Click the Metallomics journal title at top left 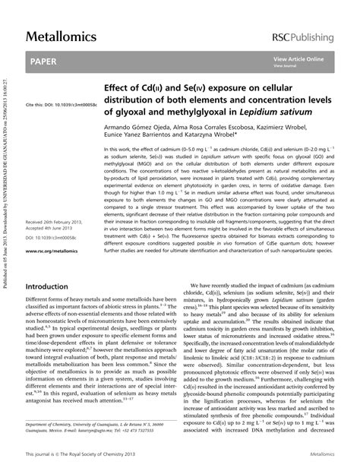[x=60, y=36]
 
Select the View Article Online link [x=298, y=59]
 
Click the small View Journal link [x=284, y=65]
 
